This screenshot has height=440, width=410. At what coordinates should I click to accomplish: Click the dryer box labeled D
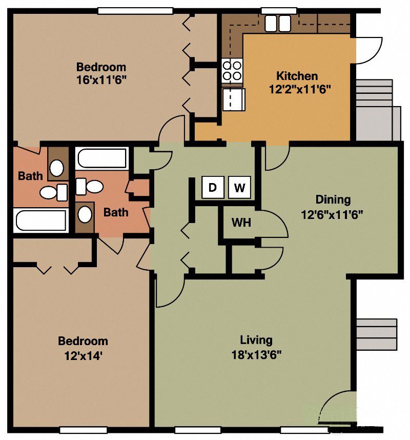(x=212, y=188)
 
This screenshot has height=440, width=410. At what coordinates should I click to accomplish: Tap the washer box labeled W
(x=239, y=188)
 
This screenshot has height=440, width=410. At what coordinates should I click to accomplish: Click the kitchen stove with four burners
(x=232, y=71)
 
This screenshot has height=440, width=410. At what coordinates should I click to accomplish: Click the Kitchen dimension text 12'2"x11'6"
(x=300, y=88)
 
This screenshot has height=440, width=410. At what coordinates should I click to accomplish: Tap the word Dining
(x=333, y=199)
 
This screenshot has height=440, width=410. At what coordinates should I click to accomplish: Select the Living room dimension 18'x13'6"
(x=256, y=354)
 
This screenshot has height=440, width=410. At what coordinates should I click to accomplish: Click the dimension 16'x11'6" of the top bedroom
(x=101, y=80)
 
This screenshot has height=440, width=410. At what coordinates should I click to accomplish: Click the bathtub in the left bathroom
(x=41, y=221)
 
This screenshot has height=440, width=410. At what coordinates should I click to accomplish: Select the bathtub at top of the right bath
(x=101, y=158)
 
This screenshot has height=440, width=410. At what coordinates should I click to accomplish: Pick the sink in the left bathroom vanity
(x=57, y=167)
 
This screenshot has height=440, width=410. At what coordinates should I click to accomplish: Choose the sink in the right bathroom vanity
(x=85, y=214)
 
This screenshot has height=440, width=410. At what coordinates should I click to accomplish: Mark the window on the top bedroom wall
(x=135, y=11)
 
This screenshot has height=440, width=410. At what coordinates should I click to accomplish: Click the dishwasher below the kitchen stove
(x=234, y=99)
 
